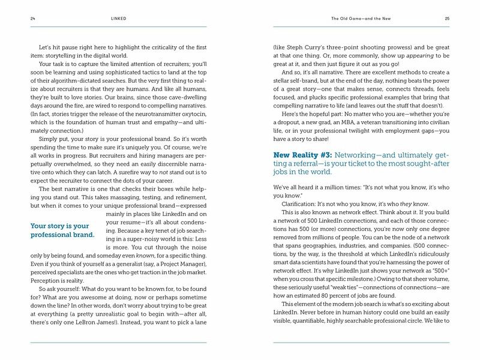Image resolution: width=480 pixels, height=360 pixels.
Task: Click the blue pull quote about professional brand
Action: [x=62, y=230]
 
